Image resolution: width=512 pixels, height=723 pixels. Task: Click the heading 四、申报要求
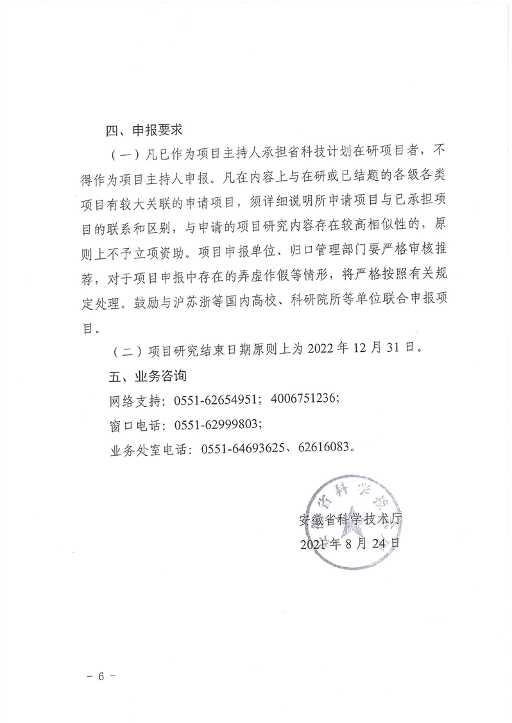[x=144, y=131]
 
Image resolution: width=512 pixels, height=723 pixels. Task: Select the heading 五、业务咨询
[x=144, y=374]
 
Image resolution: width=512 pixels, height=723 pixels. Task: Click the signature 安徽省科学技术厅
[x=350, y=520]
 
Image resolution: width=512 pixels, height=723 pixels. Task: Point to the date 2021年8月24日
[x=350, y=544]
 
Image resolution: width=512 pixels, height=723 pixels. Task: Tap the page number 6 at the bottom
[x=104, y=677]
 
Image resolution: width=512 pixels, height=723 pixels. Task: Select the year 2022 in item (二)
[x=323, y=350]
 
